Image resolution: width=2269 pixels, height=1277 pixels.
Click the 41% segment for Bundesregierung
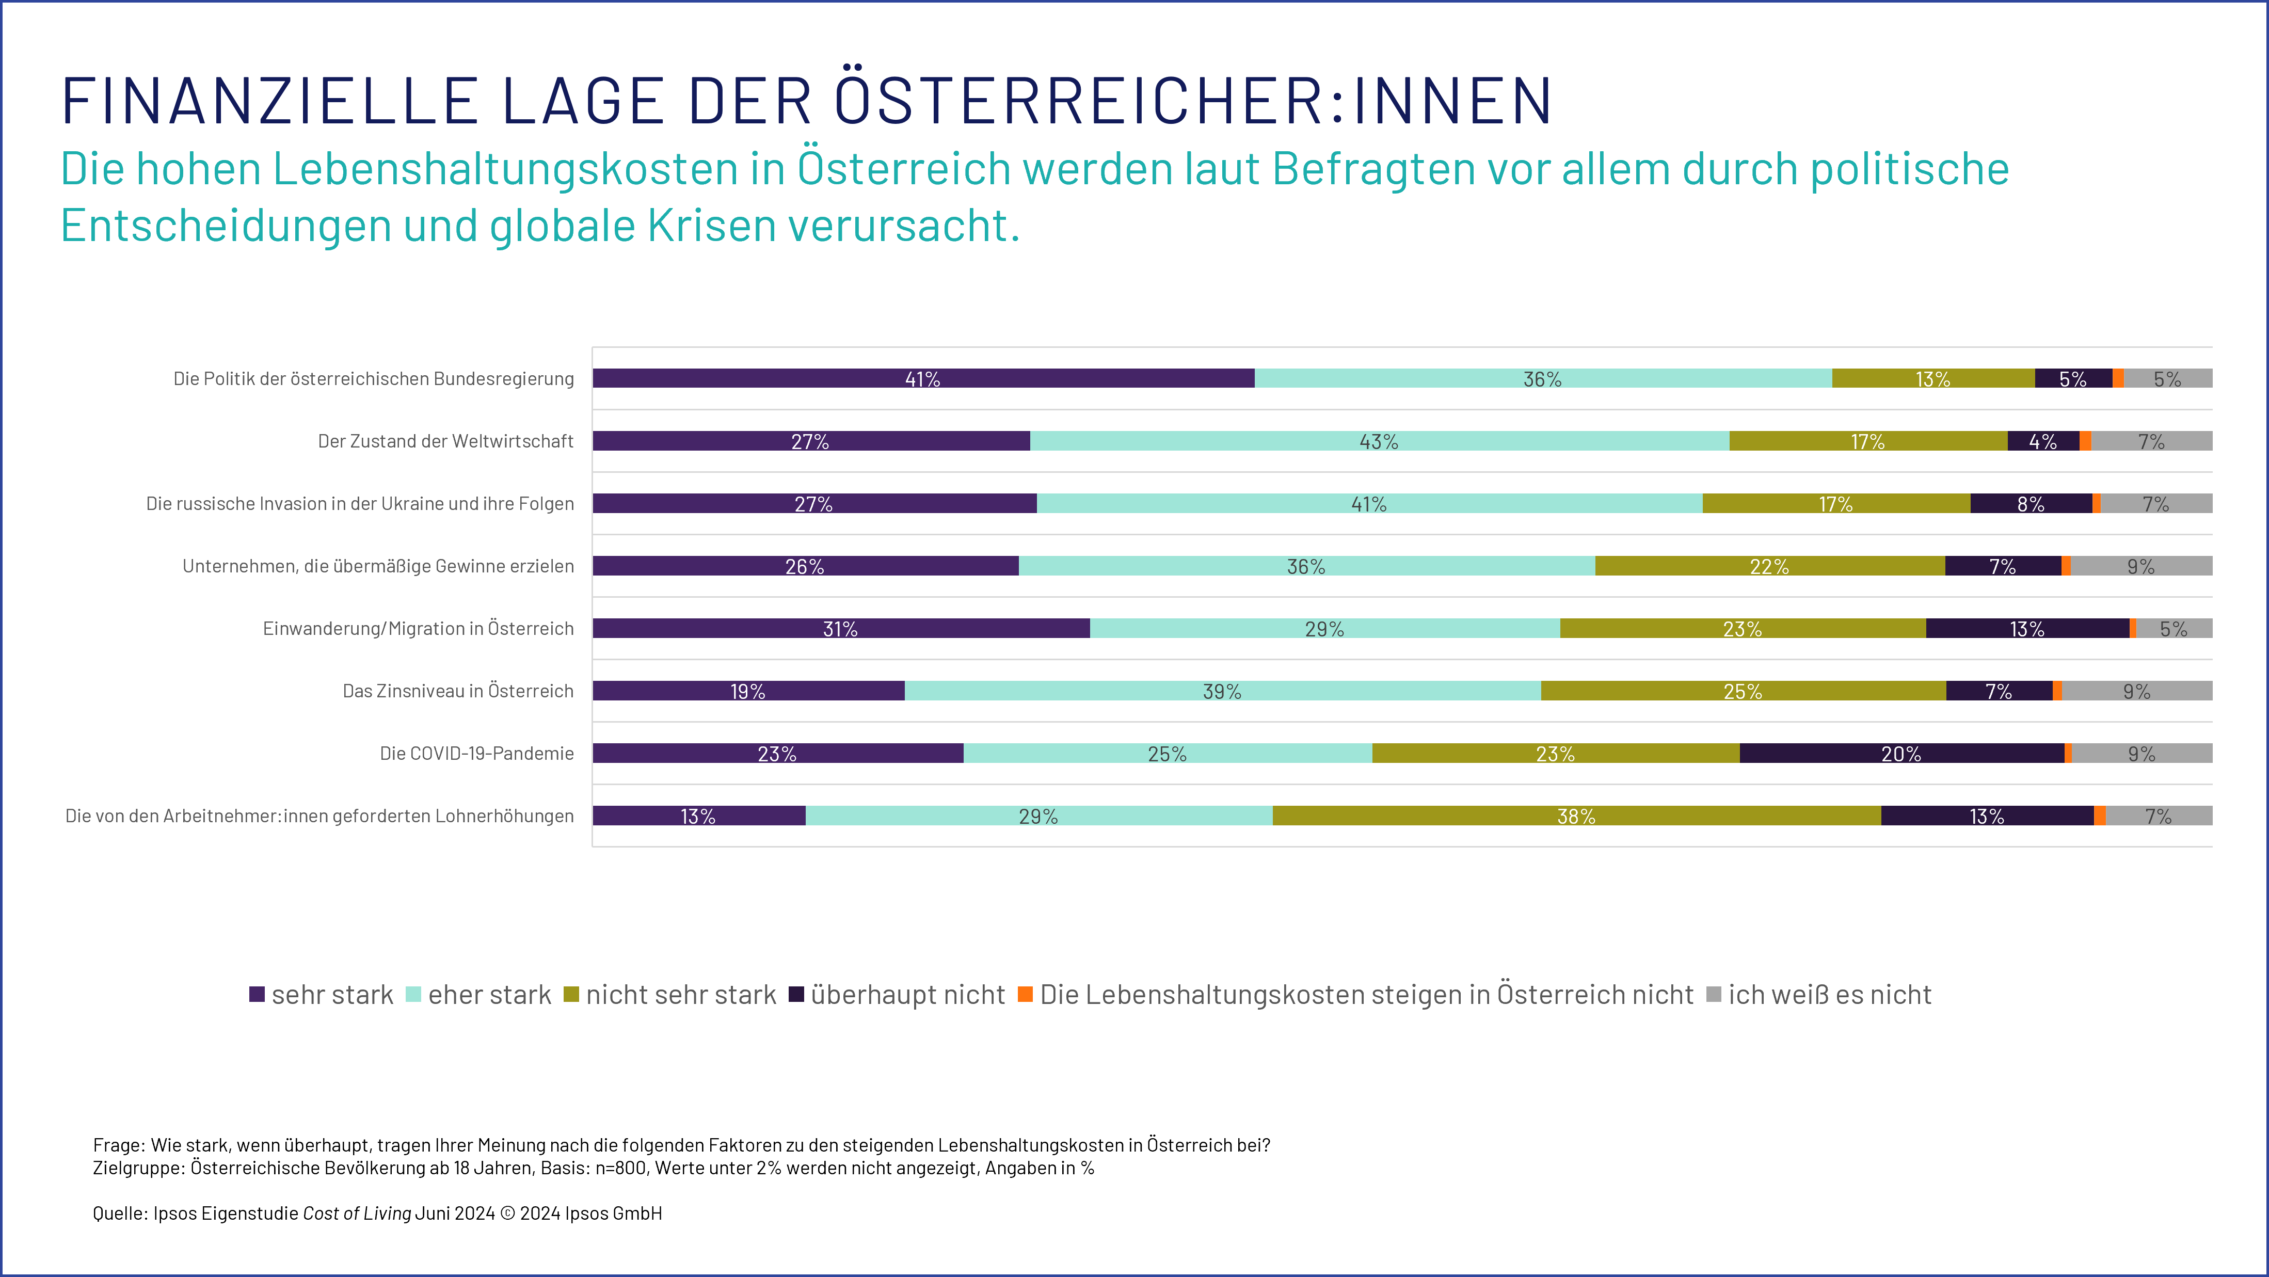(x=923, y=379)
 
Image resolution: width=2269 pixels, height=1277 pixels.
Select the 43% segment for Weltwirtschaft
(x=1379, y=441)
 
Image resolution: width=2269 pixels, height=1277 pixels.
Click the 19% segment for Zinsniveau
(x=748, y=691)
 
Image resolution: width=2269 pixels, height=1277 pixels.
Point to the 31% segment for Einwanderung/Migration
(x=840, y=628)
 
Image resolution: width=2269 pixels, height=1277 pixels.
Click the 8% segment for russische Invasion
(x=2031, y=504)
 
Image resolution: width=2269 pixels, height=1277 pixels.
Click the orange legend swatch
(x=1025, y=994)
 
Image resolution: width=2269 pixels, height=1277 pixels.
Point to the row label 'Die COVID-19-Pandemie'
(x=476, y=753)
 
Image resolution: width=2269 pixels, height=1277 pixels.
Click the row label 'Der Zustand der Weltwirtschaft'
(x=446, y=441)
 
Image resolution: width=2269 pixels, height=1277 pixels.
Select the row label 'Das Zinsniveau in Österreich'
(x=458, y=691)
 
